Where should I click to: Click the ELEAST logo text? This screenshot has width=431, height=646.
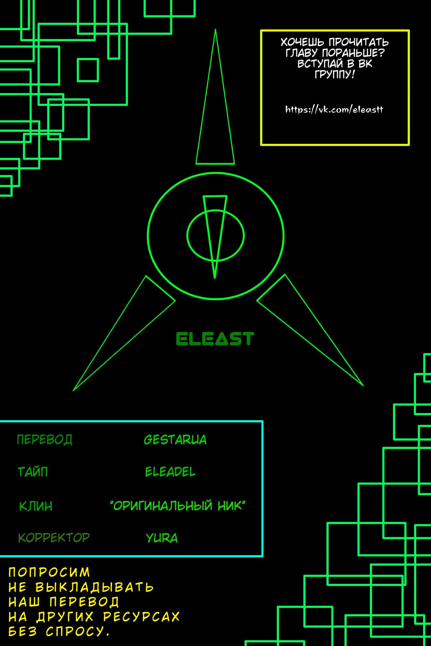(x=215, y=338)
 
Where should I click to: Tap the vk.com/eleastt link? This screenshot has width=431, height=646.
(x=334, y=109)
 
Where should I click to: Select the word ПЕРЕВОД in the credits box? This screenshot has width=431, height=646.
(x=45, y=439)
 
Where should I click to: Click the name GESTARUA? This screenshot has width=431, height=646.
(x=175, y=440)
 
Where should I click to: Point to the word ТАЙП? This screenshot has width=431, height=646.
(x=33, y=471)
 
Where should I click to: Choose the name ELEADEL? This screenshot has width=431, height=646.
(x=170, y=472)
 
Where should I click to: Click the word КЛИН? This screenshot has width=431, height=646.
(x=36, y=506)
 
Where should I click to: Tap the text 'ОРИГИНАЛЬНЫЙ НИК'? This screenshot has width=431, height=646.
(x=178, y=506)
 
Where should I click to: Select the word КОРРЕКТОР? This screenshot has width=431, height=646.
(x=54, y=537)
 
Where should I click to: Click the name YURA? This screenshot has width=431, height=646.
(x=162, y=538)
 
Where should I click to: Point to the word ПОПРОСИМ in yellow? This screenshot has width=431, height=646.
(x=49, y=572)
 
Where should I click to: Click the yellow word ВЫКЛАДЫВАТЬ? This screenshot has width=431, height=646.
(x=94, y=587)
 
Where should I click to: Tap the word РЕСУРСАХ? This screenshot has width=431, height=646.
(x=141, y=617)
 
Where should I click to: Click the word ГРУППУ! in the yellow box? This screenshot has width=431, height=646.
(x=335, y=74)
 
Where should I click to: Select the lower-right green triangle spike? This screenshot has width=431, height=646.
(x=310, y=330)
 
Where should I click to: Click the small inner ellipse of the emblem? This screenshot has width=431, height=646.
(x=215, y=235)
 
